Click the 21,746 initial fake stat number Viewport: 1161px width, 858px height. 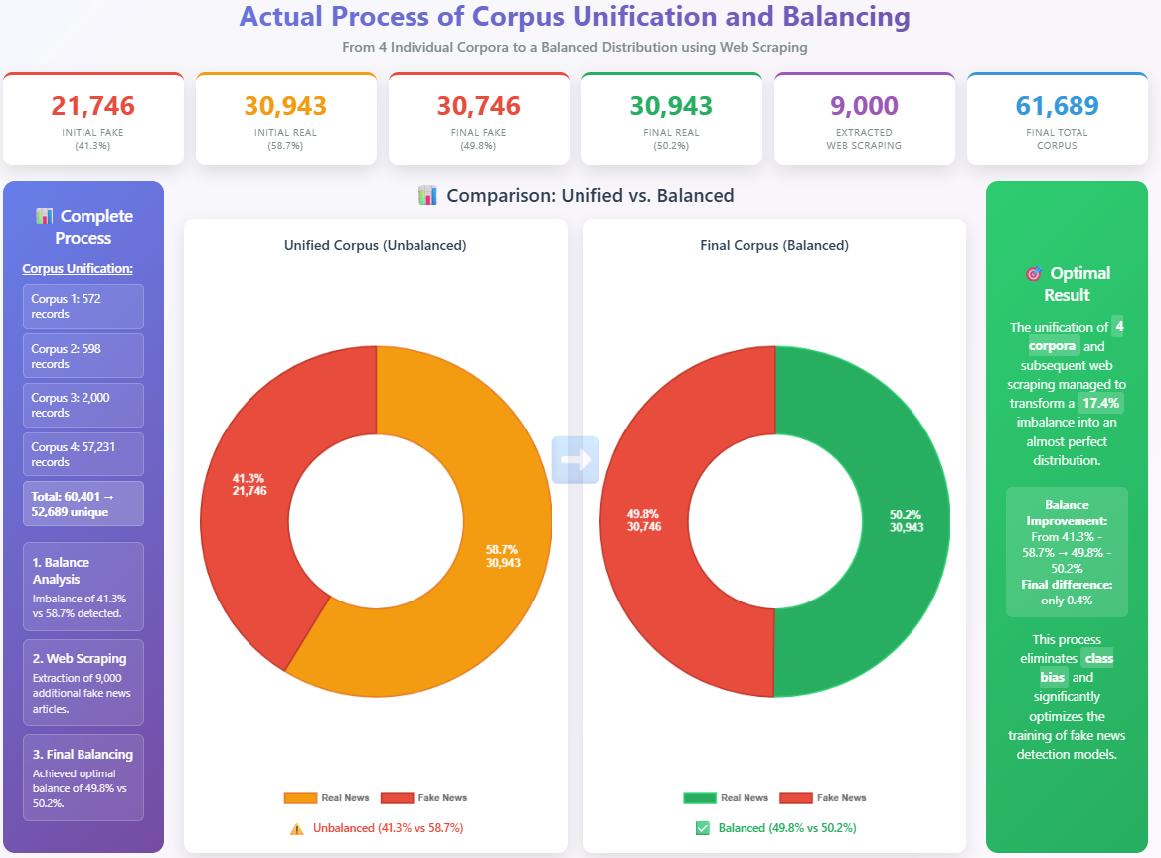point(92,106)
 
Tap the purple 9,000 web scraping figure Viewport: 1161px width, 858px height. point(863,106)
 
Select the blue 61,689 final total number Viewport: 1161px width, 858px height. point(1057,106)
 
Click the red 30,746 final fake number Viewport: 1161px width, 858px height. point(478,106)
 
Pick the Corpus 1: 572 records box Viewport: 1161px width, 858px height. point(83,306)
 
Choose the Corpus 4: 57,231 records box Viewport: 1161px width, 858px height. point(83,454)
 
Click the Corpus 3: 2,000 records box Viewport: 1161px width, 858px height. point(83,405)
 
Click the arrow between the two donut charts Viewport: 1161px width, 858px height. point(576,459)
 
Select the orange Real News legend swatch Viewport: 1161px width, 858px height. point(300,797)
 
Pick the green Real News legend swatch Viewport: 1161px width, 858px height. point(700,797)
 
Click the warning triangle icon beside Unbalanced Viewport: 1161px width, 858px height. point(296,828)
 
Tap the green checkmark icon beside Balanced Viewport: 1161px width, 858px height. point(703,828)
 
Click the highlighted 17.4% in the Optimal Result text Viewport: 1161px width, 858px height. point(1101,403)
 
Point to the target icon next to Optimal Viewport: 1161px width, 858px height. point(1031,273)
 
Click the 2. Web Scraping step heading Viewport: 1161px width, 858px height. point(79,658)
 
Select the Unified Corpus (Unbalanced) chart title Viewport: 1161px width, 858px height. point(375,245)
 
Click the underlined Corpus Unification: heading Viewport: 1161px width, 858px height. point(78,268)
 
